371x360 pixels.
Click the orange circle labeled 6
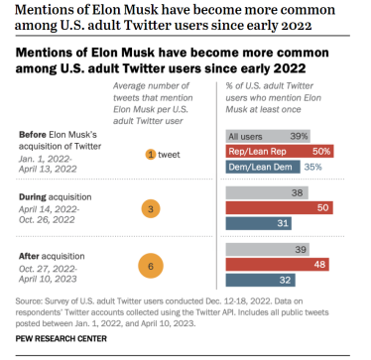click(x=151, y=266)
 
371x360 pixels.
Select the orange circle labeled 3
click(x=151, y=209)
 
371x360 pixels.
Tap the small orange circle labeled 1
click(x=151, y=154)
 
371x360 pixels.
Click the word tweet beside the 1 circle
click(x=170, y=154)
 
